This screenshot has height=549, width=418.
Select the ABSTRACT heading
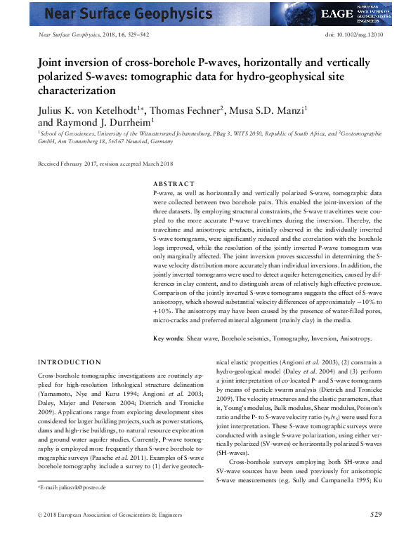click(x=174, y=184)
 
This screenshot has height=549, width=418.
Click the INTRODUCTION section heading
click(x=69, y=362)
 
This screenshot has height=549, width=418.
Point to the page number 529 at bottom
click(x=376, y=535)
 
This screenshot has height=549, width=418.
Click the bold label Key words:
click(x=169, y=338)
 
